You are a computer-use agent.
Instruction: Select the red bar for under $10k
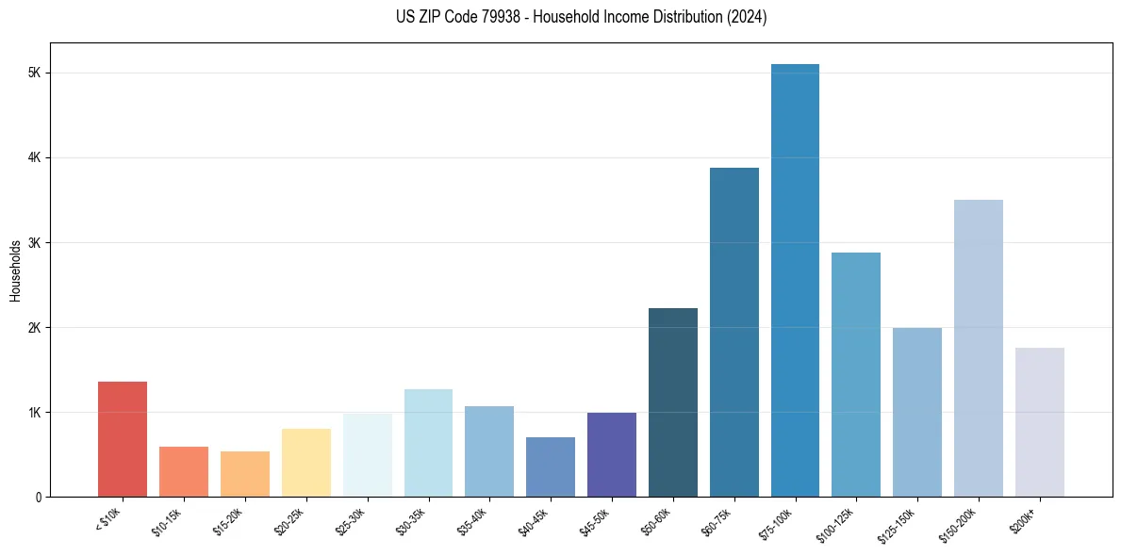click(x=123, y=439)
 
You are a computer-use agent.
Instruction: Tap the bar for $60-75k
click(x=734, y=332)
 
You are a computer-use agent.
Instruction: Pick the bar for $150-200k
click(x=979, y=348)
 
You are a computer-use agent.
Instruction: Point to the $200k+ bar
click(x=1039, y=422)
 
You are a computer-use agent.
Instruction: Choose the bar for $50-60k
click(x=673, y=402)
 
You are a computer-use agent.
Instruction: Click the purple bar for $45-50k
click(x=612, y=454)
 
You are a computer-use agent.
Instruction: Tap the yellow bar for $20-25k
click(x=306, y=463)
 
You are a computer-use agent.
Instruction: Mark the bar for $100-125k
click(x=856, y=374)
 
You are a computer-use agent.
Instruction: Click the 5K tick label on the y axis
click(x=35, y=74)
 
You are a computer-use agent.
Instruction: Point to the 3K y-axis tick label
click(x=35, y=243)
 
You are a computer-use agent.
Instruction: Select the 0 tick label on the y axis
click(x=38, y=498)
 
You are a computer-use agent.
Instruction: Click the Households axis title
click(x=15, y=270)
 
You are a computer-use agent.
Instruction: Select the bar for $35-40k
click(x=489, y=451)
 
